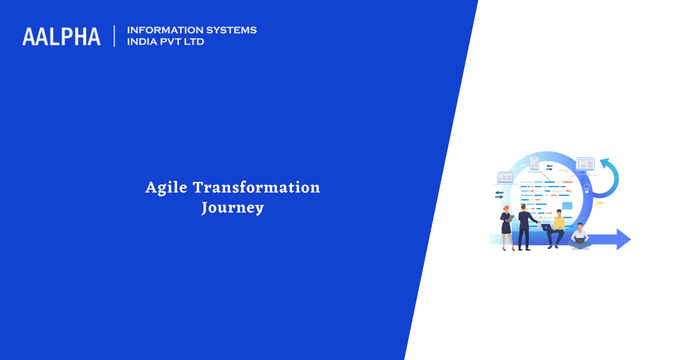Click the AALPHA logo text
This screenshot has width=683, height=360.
click(61, 37)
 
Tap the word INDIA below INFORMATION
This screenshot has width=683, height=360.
click(139, 42)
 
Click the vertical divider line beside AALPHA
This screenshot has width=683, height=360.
click(115, 36)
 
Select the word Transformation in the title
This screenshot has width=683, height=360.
click(257, 187)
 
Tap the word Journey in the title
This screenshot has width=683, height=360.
click(233, 208)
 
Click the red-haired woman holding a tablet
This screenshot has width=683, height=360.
click(507, 228)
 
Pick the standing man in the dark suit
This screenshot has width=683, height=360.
click(526, 228)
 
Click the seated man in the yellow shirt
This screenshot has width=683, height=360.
click(556, 229)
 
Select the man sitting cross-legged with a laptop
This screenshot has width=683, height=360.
click(580, 237)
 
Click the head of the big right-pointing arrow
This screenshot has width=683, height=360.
click(624, 239)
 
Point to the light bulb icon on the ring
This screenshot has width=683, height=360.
click(587, 188)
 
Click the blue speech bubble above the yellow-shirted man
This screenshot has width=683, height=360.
click(567, 206)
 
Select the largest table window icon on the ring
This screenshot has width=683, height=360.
click(585, 164)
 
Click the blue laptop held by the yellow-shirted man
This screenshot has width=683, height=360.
click(546, 227)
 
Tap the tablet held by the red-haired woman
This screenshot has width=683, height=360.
click(511, 218)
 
